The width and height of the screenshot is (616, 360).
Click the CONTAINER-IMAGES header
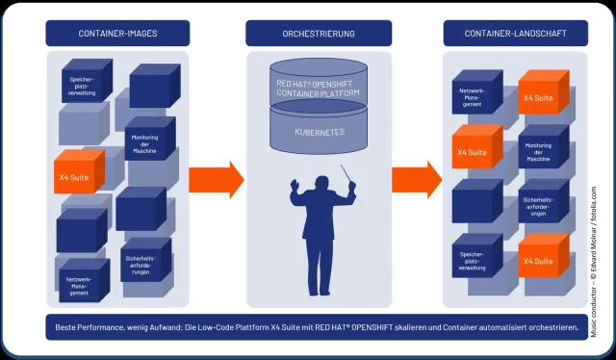[116, 34]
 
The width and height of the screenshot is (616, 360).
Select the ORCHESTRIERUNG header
[318, 34]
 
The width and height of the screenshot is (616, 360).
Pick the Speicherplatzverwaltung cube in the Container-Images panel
[85, 84]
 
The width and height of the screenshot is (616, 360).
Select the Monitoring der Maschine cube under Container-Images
[149, 143]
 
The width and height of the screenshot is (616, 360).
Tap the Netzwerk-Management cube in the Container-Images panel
[81, 283]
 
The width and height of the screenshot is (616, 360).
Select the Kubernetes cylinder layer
[319, 131]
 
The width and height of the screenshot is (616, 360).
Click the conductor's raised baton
[347, 174]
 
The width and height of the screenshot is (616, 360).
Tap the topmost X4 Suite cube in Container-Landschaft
[536, 97]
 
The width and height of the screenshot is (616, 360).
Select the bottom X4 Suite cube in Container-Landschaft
[536, 261]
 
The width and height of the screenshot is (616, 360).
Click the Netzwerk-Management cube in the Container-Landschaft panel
[472, 97]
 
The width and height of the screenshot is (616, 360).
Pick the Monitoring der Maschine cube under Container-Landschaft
[537, 152]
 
